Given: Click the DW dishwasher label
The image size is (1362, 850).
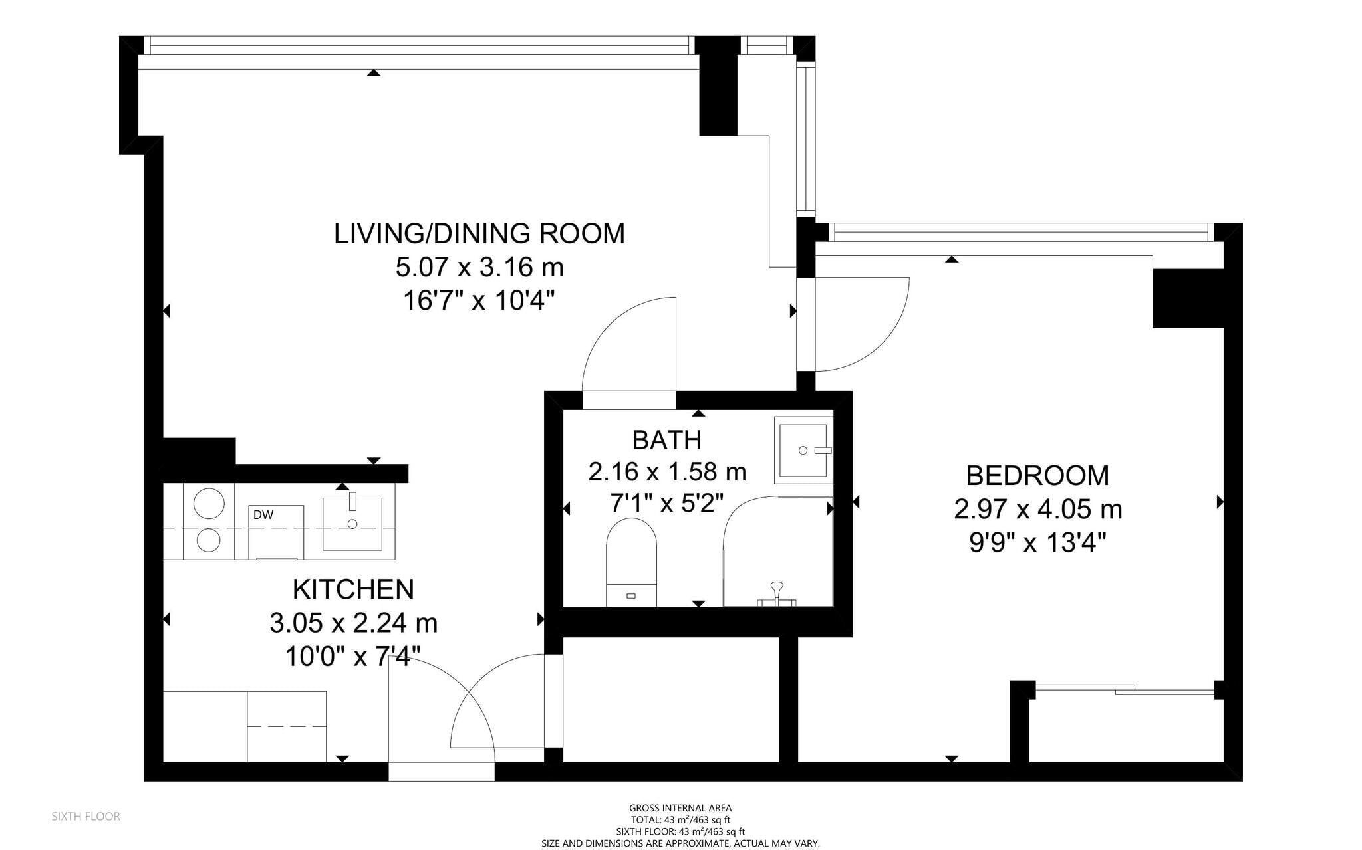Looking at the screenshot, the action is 263,514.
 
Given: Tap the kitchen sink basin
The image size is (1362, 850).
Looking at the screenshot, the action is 352,524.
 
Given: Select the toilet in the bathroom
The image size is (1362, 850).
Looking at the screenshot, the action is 631,562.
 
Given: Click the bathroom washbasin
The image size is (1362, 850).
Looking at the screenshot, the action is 803,450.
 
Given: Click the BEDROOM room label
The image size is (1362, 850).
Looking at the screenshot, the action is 1037,476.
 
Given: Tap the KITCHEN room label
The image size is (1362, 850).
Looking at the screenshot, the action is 353,589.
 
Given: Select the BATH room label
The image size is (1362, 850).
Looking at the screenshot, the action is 666,440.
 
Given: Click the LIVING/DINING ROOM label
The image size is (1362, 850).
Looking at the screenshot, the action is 479,233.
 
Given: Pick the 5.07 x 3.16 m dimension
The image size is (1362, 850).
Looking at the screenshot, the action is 479,268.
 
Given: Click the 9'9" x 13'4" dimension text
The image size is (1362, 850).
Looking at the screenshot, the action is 1037,544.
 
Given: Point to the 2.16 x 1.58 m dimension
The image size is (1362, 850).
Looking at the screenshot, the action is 667,472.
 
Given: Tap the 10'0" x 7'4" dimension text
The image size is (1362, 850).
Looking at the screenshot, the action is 353,657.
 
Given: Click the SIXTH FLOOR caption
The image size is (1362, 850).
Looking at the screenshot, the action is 86,816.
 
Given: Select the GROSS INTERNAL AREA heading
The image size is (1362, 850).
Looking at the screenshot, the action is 680,808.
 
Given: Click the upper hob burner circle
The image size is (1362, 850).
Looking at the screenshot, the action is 208,503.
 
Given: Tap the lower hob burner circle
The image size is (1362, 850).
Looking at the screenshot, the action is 208,540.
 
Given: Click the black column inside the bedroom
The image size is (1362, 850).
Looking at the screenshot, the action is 1188,298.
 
